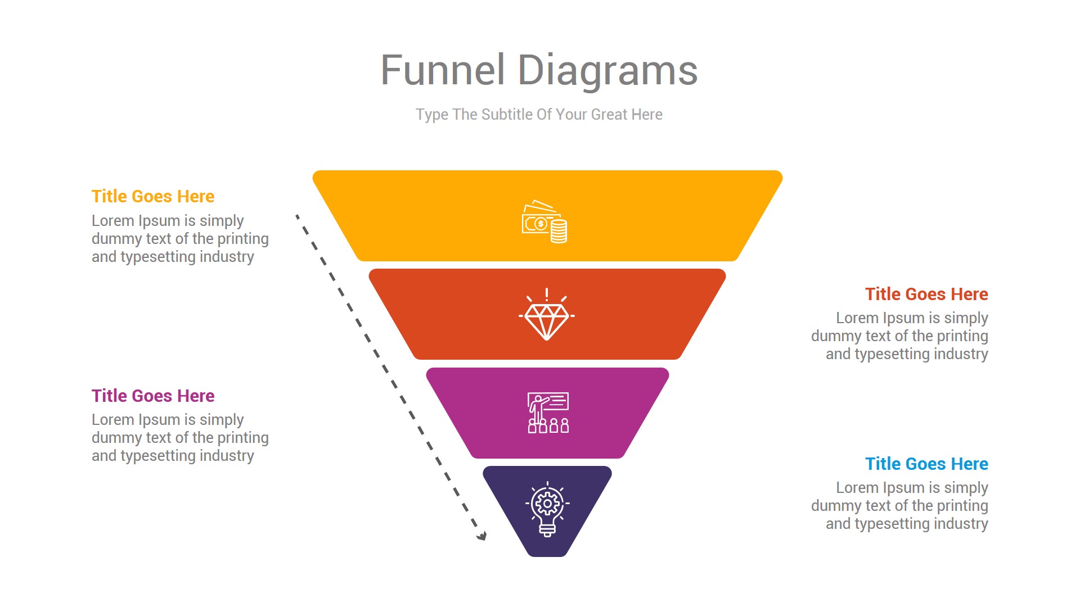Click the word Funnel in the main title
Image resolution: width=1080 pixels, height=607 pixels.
(x=442, y=70)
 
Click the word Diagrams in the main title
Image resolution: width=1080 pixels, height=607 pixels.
(x=607, y=70)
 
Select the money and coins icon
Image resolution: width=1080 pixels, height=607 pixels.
(x=544, y=221)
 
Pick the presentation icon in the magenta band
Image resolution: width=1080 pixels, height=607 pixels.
(x=548, y=413)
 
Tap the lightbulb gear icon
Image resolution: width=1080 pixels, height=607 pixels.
(x=547, y=509)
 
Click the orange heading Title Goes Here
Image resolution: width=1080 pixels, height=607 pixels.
(x=153, y=196)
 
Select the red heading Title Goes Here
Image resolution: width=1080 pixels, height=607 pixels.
(x=926, y=294)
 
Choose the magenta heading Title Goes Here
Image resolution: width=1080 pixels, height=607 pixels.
(x=153, y=396)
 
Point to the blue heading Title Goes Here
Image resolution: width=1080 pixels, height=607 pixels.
(x=926, y=464)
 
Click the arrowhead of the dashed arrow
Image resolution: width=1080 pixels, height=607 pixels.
(x=482, y=536)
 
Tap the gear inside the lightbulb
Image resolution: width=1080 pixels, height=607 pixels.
(x=547, y=503)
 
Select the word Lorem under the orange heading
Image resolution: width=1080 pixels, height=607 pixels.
(x=112, y=221)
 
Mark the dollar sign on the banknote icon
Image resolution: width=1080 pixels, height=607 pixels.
(x=541, y=224)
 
